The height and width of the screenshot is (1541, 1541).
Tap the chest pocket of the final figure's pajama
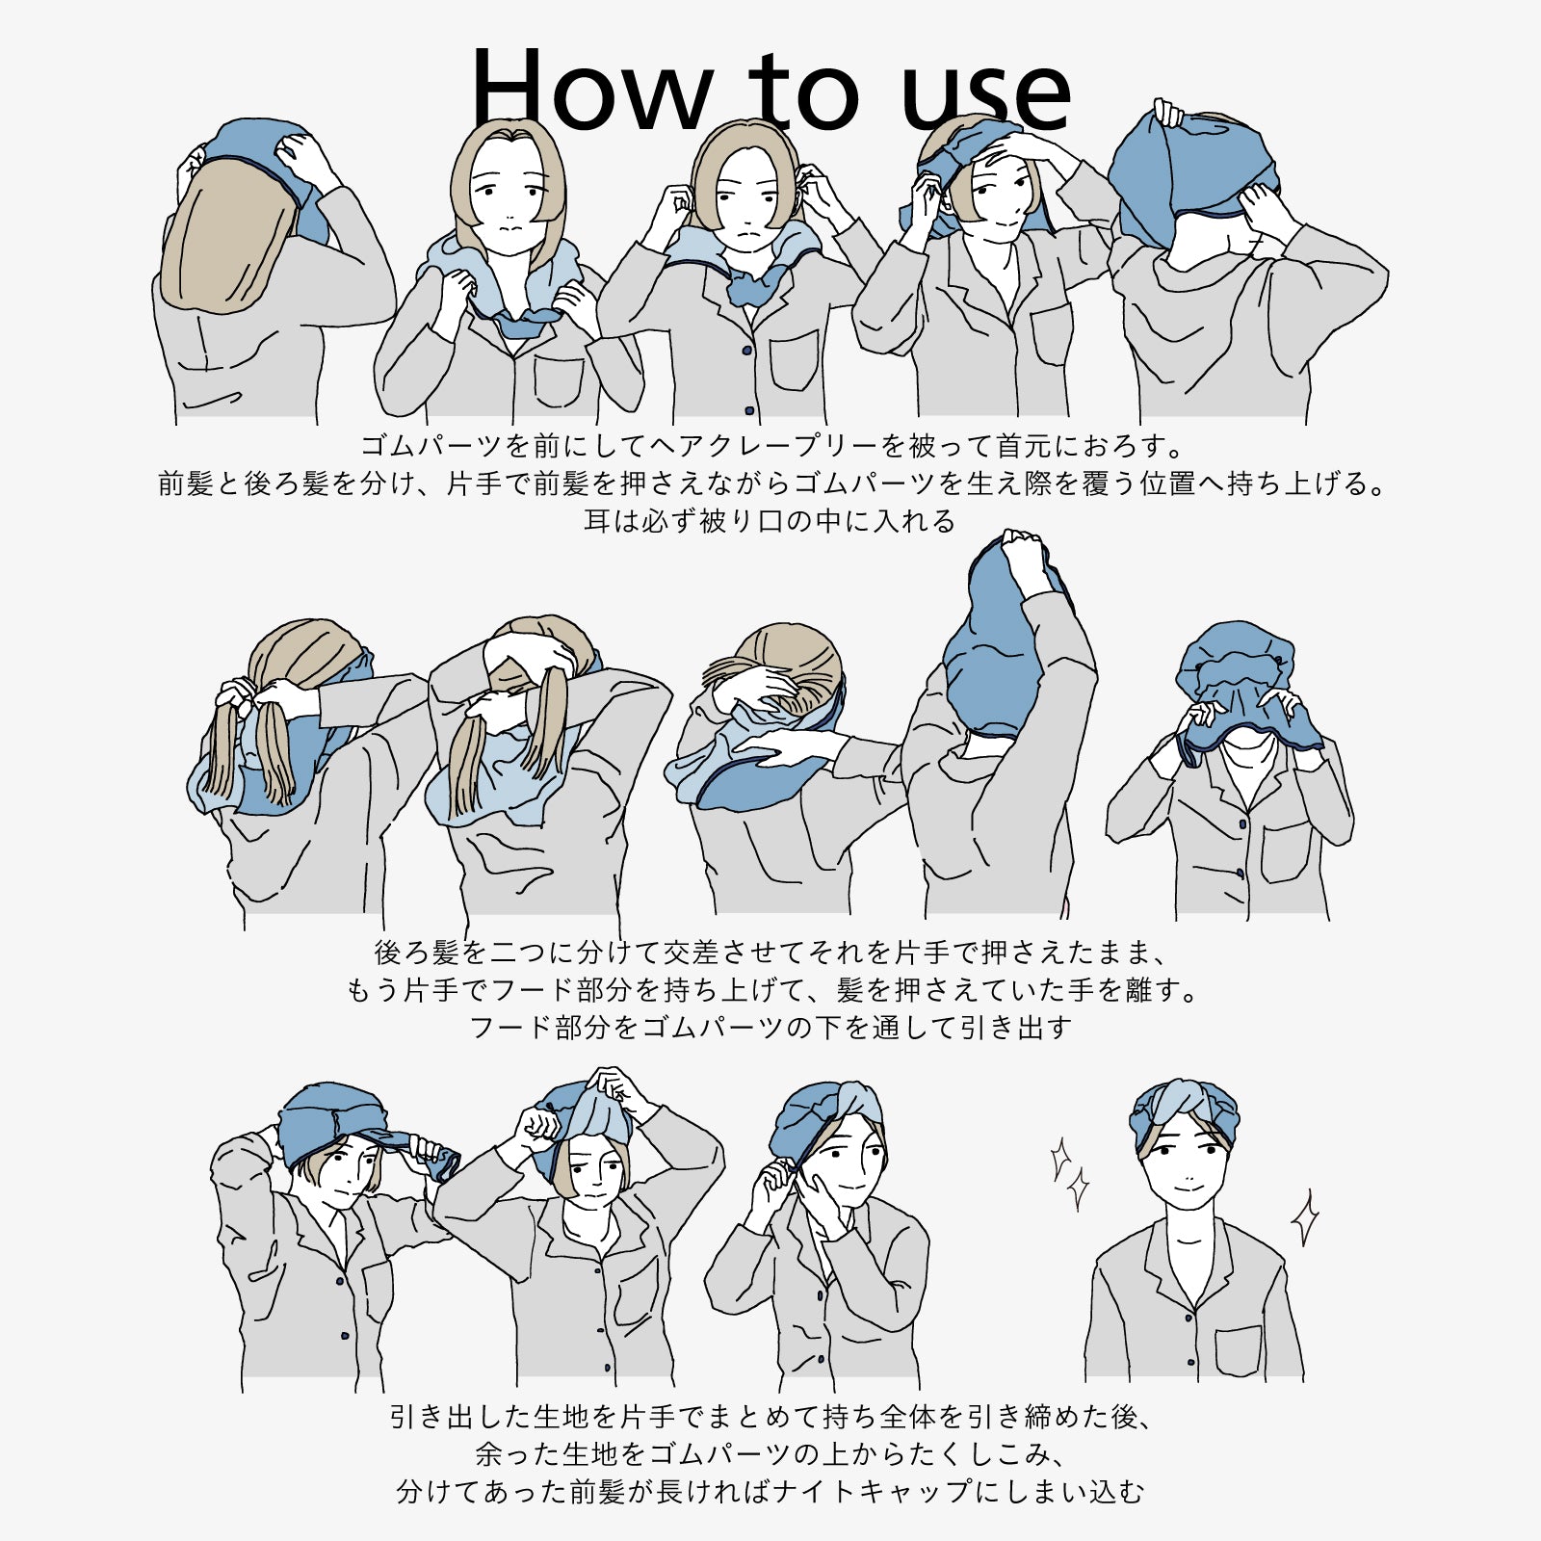tap(1238, 1348)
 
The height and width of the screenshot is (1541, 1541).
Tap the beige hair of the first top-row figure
tap(226, 236)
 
